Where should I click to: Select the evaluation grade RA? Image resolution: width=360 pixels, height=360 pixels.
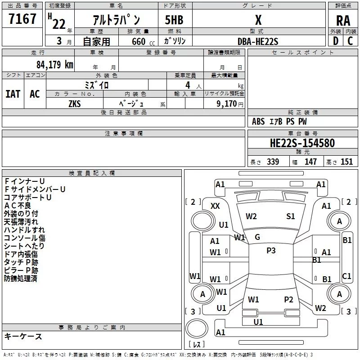coord(343,21)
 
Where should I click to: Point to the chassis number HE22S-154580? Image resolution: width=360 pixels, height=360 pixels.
coord(302,144)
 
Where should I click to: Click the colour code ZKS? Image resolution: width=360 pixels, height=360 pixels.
coord(74,103)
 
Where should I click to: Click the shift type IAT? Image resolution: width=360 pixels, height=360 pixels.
coord(13,94)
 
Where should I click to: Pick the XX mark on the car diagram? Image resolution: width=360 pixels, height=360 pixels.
coord(215,206)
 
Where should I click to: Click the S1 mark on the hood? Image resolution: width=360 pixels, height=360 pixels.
coord(291,216)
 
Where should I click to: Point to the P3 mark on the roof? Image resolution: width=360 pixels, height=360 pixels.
coord(271,251)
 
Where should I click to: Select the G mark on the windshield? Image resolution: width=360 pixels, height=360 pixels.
coord(257,237)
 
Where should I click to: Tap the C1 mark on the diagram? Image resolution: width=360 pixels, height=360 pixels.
coord(346,276)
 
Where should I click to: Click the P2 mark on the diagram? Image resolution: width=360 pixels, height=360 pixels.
coord(288,300)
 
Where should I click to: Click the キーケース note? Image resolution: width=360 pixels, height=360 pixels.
coord(23,336)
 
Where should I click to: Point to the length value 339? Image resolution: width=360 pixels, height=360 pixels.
coord(273,162)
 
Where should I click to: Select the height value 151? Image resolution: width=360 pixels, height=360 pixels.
coord(346,162)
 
